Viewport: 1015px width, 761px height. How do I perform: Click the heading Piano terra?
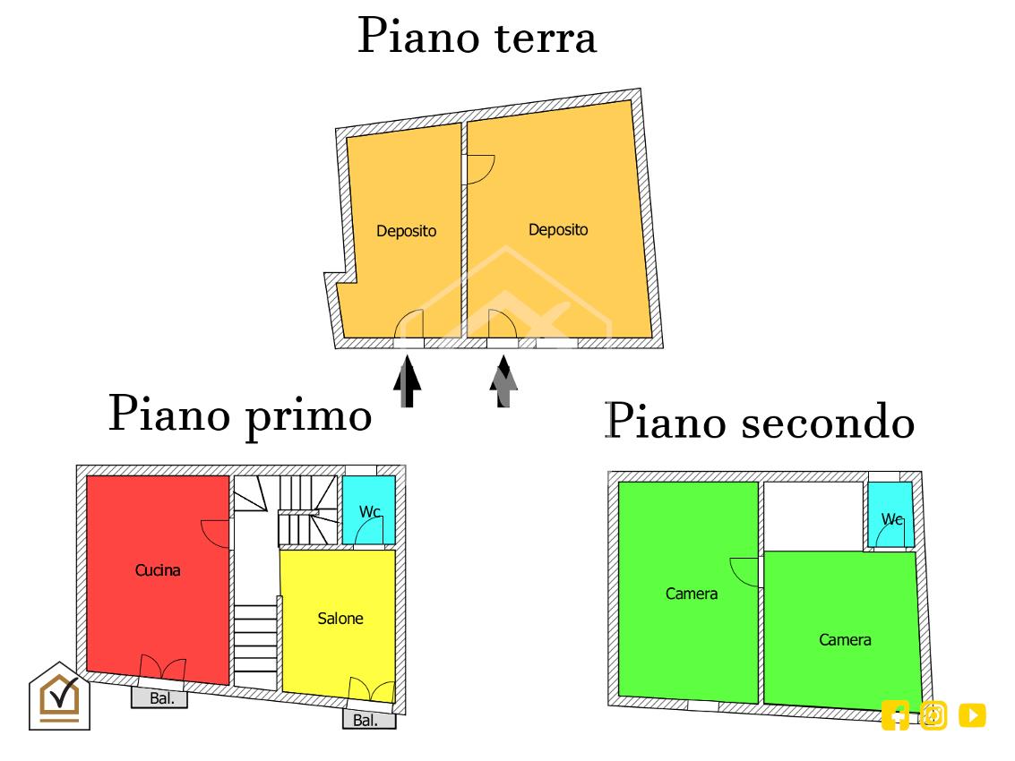[x=477, y=36]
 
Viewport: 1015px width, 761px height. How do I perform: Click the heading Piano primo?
[x=240, y=415]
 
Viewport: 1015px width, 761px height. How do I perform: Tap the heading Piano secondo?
[x=760, y=422]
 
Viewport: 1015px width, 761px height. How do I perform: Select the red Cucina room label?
[x=158, y=570]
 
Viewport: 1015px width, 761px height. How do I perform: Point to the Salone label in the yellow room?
[x=340, y=619]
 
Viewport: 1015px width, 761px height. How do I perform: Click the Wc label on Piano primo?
[x=370, y=512]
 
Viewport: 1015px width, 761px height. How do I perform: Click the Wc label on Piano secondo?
[x=891, y=519]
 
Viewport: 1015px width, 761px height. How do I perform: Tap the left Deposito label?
[x=407, y=231]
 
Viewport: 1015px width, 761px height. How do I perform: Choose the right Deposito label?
[x=558, y=230]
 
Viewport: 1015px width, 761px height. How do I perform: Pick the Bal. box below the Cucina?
[x=159, y=698]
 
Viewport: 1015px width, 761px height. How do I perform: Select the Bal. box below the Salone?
[x=369, y=720]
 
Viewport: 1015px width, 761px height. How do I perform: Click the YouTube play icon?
[x=972, y=715]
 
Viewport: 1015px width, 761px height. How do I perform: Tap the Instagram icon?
[x=933, y=715]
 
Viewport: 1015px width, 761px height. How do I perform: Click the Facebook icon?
[x=895, y=715]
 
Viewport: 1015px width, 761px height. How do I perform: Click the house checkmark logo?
[x=59, y=697]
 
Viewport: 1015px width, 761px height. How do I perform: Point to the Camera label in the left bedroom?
[x=692, y=594]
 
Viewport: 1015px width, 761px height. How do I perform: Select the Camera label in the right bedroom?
[x=845, y=640]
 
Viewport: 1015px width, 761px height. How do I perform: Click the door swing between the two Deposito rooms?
[x=480, y=169]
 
